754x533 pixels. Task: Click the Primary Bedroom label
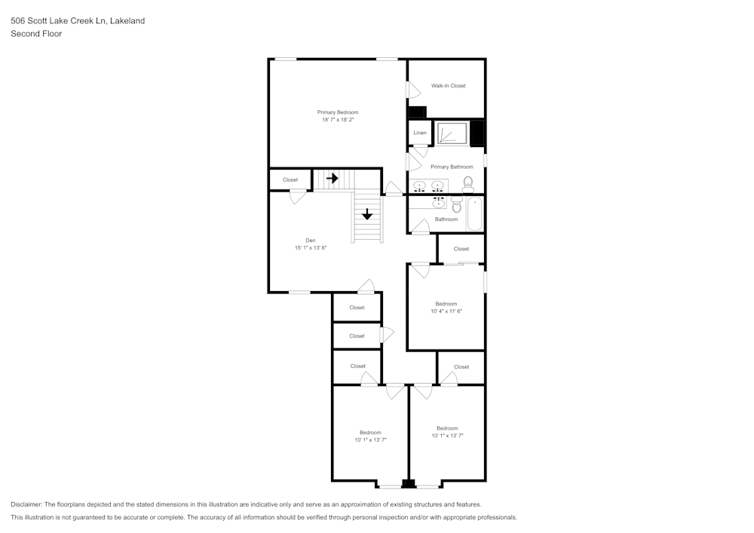tap(337, 112)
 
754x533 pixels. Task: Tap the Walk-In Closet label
tap(448, 86)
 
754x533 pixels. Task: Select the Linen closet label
tap(420, 133)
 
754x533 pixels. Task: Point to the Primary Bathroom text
tap(452, 167)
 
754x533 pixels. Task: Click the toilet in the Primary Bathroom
tap(467, 183)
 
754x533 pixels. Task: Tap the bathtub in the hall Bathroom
tap(474, 213)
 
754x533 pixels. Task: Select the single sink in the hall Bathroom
tap(437, 202)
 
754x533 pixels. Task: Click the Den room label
tap(310, 240)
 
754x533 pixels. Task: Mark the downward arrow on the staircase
tap(367, 214)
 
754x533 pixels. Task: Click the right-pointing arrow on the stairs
tap(332, 179)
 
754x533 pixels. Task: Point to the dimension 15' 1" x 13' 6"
tap(310, 248)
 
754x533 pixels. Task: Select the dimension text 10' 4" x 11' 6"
tap(446, 311)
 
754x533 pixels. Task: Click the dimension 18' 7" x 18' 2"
tap(337, 120)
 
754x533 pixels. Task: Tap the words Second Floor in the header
tap(36, 34)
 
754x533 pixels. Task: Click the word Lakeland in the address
tap(127, 21)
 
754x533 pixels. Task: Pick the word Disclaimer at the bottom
tap(26, 504)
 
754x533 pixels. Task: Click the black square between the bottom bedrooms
tap(408, 484)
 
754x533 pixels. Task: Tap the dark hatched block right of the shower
tap(477, 133)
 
